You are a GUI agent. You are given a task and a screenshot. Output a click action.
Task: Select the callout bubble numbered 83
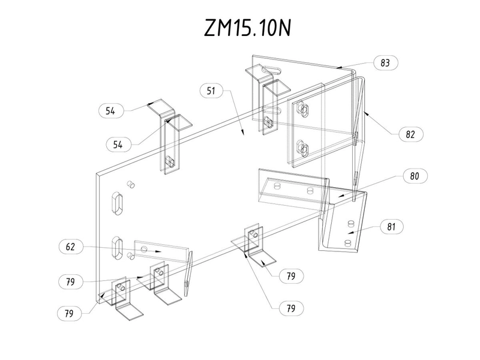click(x=385, y=62)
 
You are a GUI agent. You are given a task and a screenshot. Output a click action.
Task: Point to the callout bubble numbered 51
click(x=211, y=91)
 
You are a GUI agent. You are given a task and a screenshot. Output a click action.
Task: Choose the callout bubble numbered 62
click(x=70, y=245)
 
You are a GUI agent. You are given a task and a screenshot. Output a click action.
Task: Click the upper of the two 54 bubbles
click(x=112, y=110)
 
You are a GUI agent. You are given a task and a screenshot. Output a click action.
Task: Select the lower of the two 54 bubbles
click(x=119, y=144)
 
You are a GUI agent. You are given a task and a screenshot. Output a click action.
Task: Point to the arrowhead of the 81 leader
click(x=351, y=232)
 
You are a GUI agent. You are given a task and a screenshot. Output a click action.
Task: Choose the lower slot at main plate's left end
click(x=118, y=247)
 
